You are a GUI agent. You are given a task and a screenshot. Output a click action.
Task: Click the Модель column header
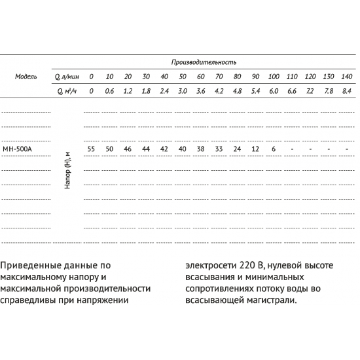[x=26, y=77]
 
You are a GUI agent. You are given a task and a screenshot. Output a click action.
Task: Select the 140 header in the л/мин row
[x=346, y=77]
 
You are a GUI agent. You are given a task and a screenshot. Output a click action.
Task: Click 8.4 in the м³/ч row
[x=347, y=92]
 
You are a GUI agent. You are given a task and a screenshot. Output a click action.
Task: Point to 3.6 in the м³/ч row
[x=200, y=92]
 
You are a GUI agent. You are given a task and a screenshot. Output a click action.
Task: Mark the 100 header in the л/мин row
[x=274, y=77]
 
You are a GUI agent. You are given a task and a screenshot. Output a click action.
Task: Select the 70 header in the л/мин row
[x=219, y=77]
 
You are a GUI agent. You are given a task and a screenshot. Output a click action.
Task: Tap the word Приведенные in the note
[x=33, y=266]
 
